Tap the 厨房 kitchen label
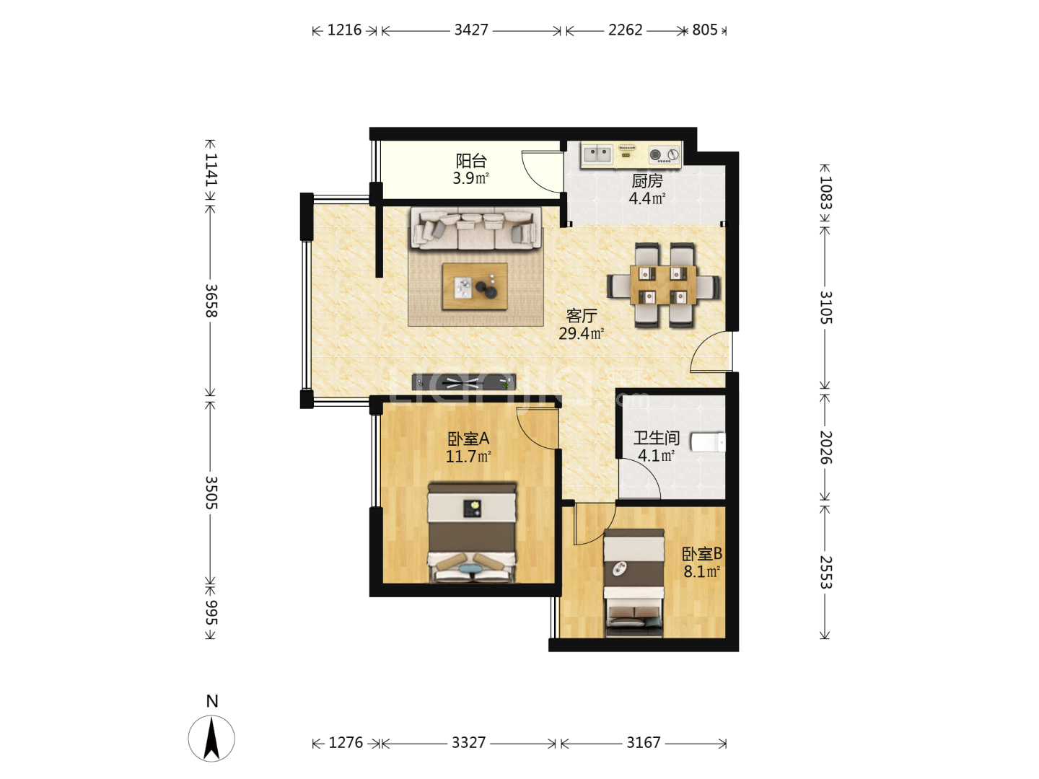(646, 180)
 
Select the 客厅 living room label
(582, 315)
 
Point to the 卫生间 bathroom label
(656, 438)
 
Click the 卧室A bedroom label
(468, 439)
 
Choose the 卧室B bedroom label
(701, 553)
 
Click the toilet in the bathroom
(708, 442)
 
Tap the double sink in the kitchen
(597, 154)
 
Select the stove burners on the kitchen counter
(664, 154)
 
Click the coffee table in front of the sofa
(474, 286)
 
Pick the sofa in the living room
(475, 228)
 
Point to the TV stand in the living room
(463, 382)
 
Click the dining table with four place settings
(662, 285)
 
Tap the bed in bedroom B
(634, 583)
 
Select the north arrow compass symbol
(211, 739)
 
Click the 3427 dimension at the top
(470, 30)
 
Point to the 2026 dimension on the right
(825, 447)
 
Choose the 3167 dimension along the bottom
(643, 743)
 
